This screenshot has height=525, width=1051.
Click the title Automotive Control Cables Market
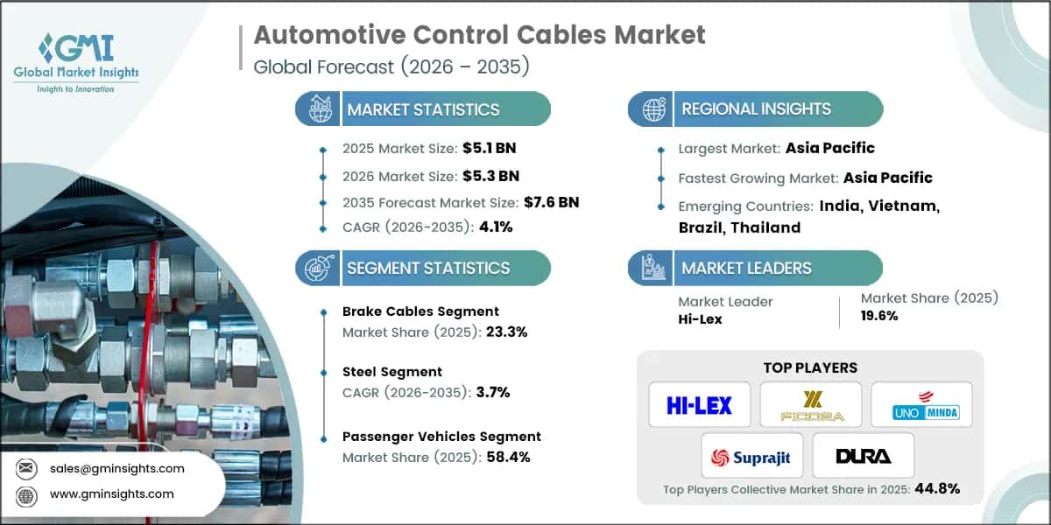479,36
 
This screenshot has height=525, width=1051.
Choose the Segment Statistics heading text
427,269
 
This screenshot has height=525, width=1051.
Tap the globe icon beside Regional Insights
652,109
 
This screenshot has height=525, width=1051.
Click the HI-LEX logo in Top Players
700,404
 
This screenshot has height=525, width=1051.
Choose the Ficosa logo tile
810,404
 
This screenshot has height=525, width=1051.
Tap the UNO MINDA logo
921,404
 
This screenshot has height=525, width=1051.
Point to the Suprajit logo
752,455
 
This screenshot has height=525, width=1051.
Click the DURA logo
863,455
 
